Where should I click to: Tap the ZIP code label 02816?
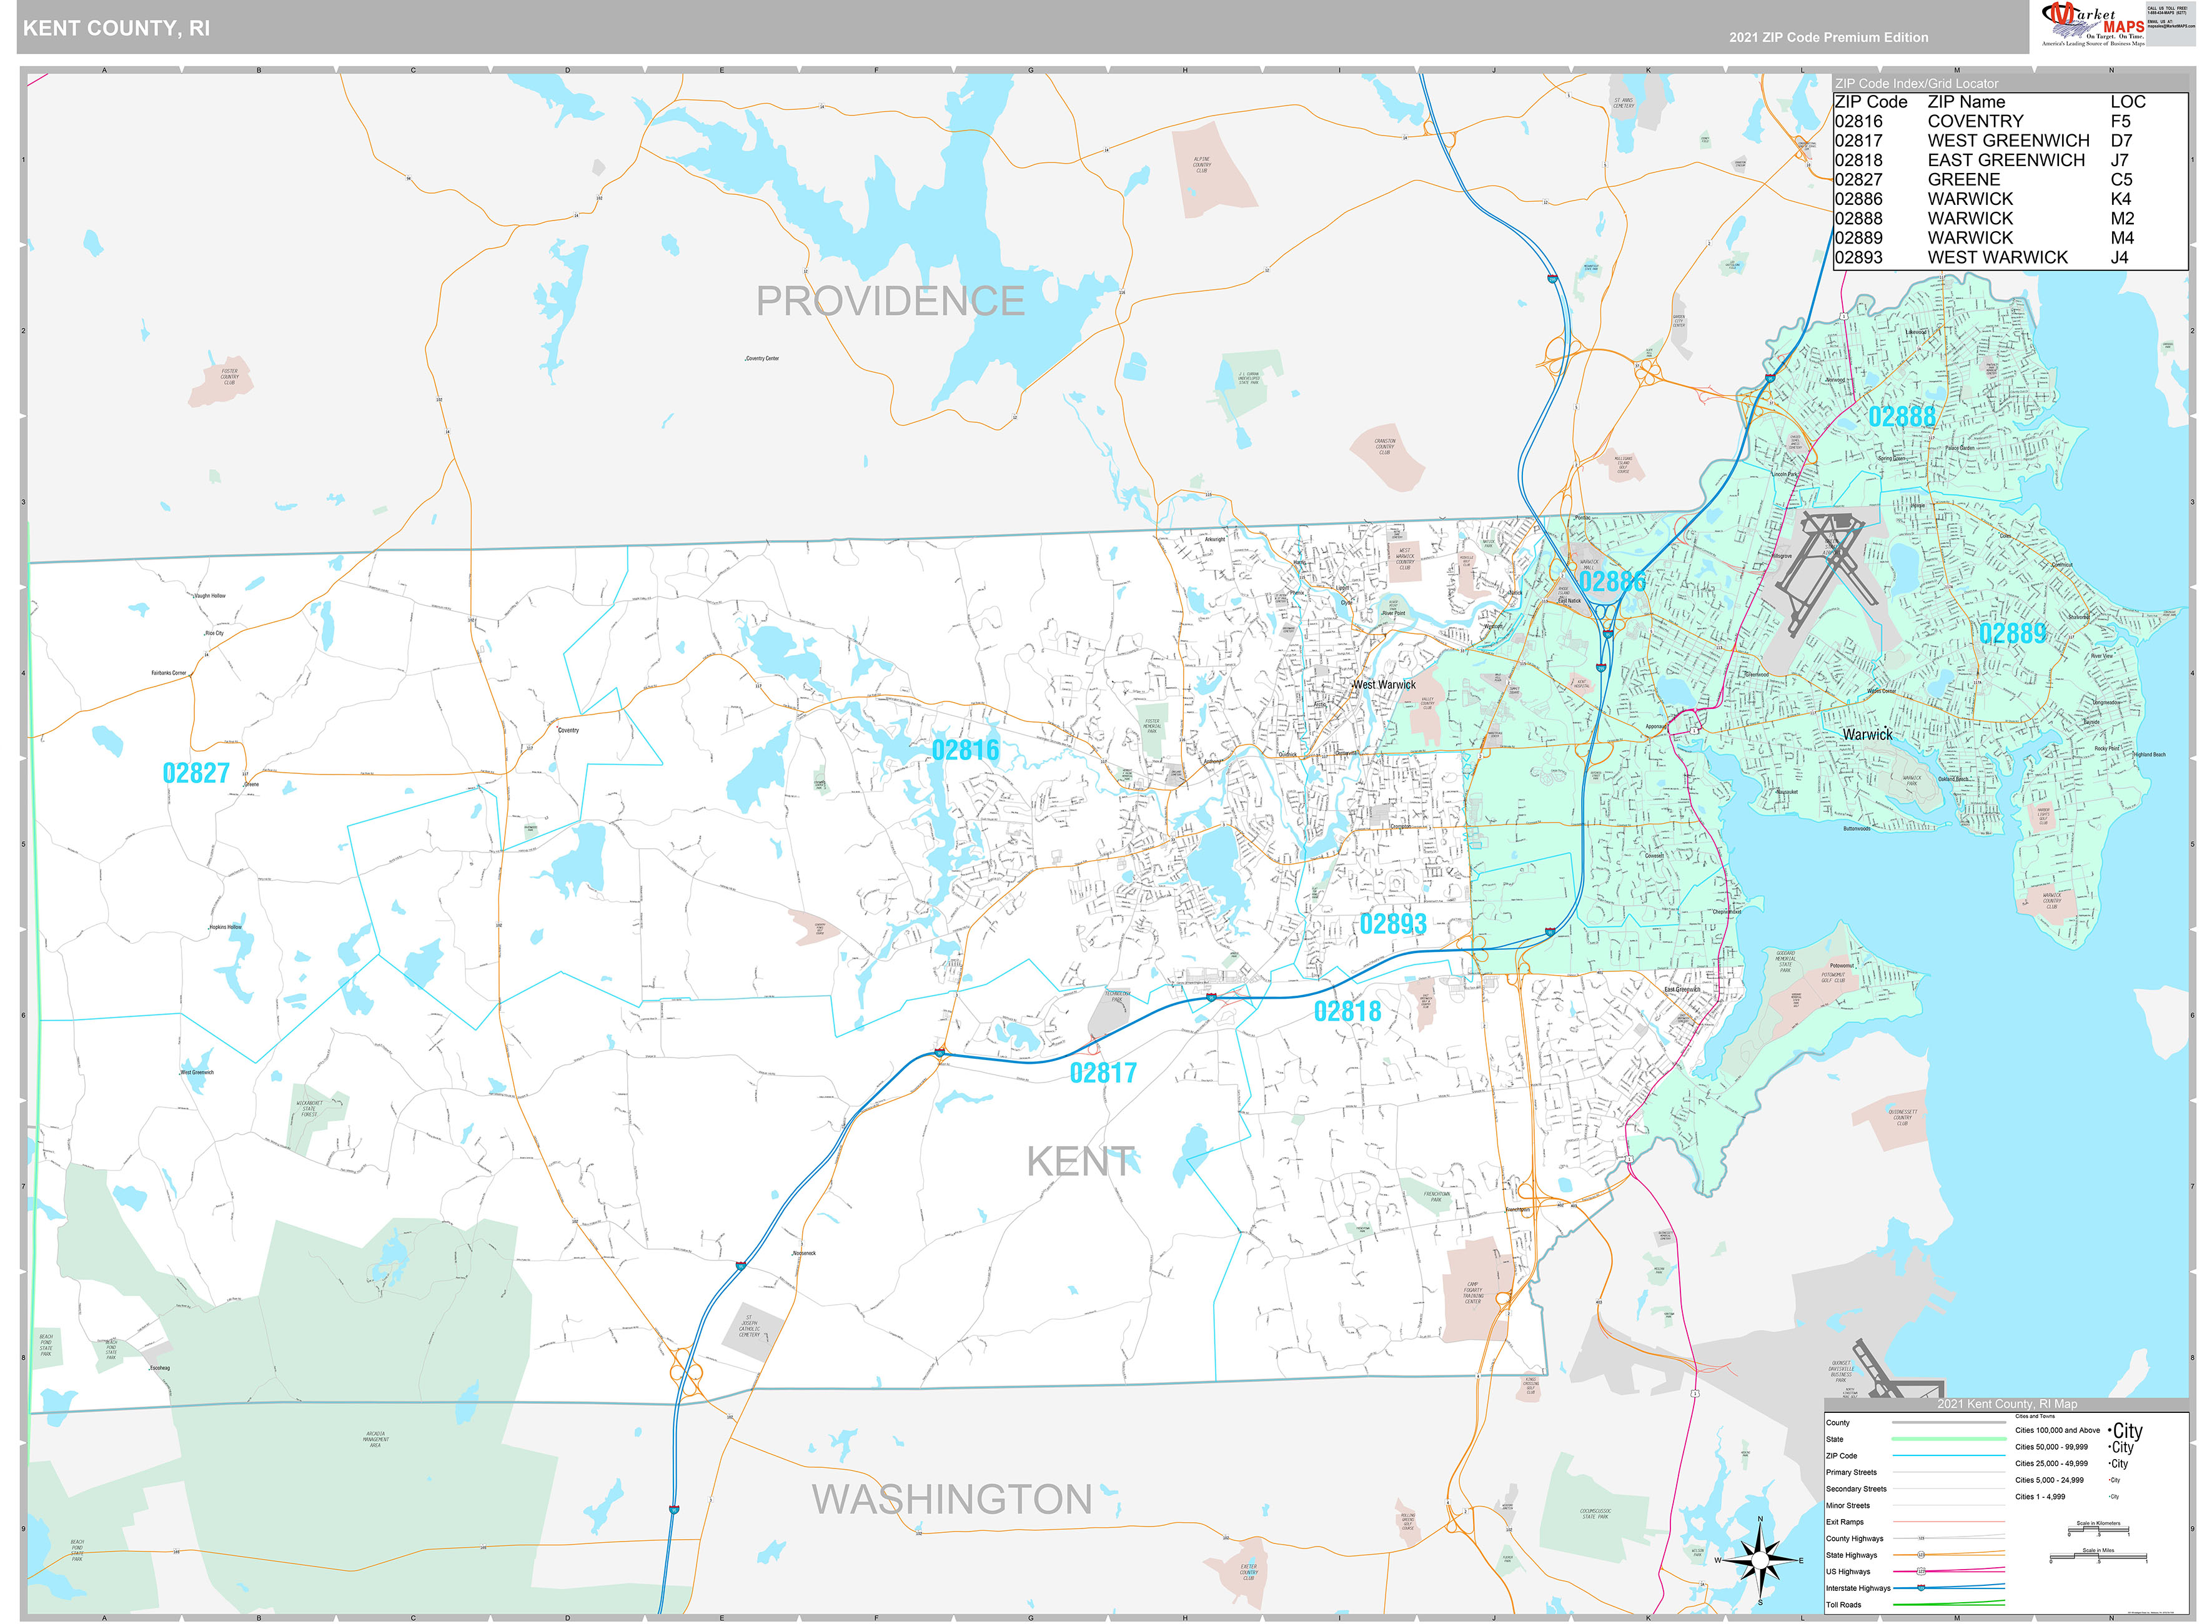click(965, 751)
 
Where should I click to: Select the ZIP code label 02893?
click(1392, 924)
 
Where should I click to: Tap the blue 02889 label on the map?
click(2011, 633)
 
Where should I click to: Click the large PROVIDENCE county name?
click(890, 301)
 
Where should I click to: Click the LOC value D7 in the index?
click(2121, 141)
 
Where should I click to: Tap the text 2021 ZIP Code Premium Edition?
click(1828, 37)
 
